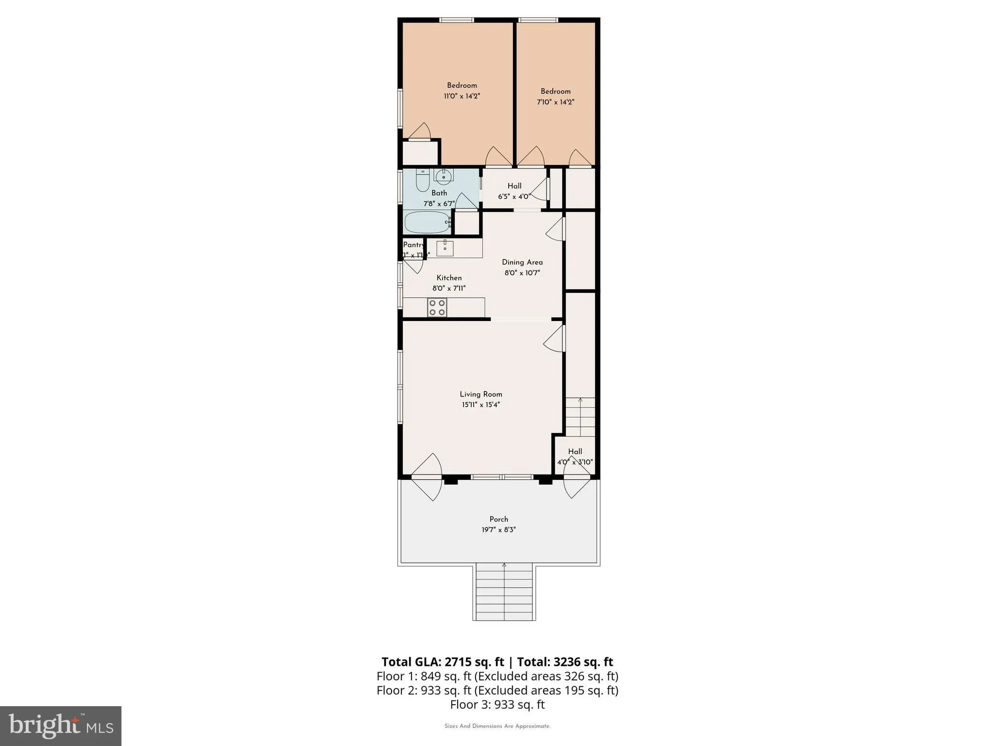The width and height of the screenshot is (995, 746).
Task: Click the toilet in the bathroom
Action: point(422,182)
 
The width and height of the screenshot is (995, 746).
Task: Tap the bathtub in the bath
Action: point(427,222)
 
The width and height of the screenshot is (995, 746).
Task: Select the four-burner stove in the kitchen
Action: point(436,307)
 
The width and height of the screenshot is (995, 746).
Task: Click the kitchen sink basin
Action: point(445,248)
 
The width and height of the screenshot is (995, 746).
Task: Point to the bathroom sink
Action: point(443,177)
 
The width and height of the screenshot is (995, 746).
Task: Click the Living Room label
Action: point(480,394)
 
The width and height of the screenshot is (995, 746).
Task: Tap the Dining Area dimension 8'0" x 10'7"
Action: point(522,273)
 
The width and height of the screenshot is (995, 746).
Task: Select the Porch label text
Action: point(498,519)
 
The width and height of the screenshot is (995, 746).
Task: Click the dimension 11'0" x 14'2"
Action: point(462,96)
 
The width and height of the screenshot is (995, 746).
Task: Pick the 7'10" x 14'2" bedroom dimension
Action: point(555,102)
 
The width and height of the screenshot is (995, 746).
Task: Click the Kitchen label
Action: point(449,278)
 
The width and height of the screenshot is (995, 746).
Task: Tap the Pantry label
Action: point(413,245)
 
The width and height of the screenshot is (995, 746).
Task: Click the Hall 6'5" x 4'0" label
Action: point(514,191)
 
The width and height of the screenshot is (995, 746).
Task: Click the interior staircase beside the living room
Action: point(580,417)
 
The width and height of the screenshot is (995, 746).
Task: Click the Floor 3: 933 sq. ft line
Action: point(497,704)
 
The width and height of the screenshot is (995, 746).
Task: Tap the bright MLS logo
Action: point(61,726)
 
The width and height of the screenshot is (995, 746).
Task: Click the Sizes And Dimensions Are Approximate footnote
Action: point(497,726)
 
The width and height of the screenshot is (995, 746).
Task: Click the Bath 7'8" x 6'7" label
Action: point(439,198)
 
